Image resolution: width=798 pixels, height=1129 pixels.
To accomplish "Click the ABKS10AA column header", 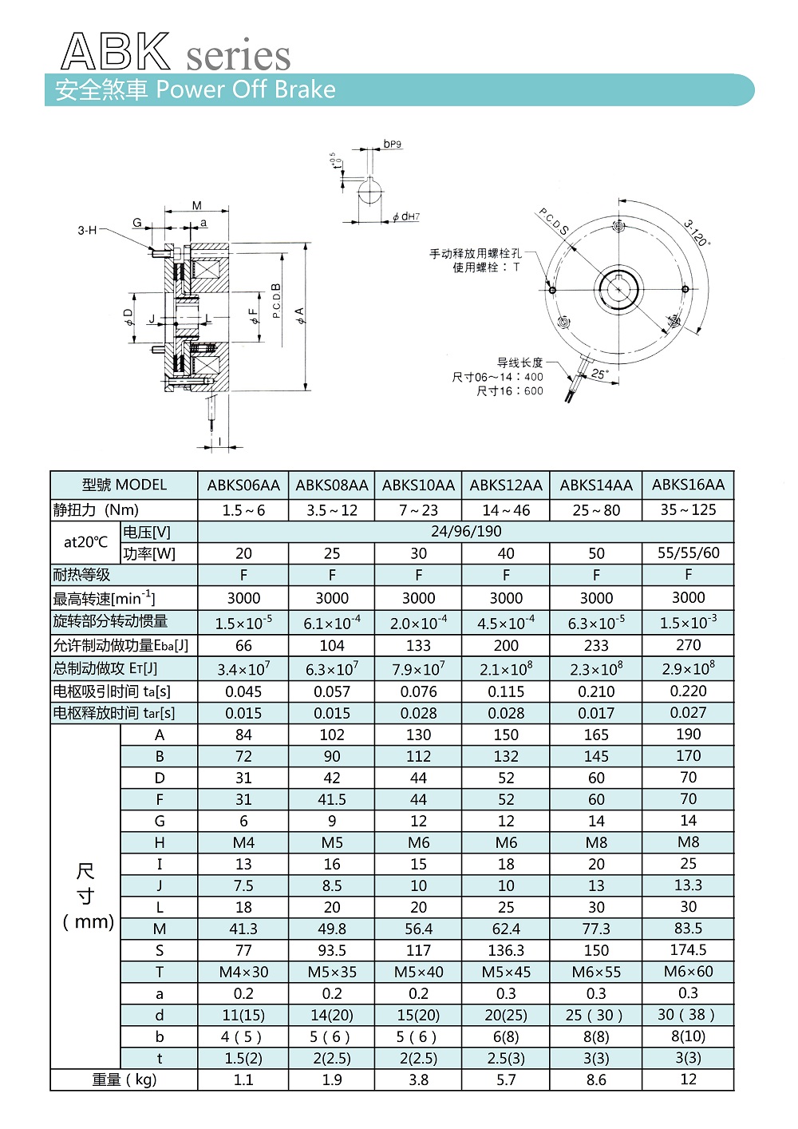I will click(418, 485).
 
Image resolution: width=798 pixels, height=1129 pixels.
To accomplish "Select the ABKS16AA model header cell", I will click(688, 484).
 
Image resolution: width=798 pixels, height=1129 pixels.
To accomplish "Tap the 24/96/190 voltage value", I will click(466, 531).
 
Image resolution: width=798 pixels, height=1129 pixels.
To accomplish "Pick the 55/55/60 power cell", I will click(688, 553).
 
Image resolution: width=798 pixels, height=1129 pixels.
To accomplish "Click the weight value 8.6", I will click(596, 1079).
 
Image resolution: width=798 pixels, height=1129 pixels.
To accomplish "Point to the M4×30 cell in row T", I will click(243, 972).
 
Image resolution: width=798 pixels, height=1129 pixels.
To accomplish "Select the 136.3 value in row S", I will click(506, 950).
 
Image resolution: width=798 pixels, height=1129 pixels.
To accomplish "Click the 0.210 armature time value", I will click(596, 691).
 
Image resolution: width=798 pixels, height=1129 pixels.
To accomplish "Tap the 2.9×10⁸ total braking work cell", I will click(688, 668).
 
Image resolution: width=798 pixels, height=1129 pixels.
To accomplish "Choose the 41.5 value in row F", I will click(332, 799).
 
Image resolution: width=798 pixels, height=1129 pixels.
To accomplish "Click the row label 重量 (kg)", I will click(124, 1079).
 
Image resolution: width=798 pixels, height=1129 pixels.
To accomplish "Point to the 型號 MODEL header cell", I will click(124, 485).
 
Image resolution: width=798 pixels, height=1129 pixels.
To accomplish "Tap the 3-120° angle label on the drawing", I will click(697, 232).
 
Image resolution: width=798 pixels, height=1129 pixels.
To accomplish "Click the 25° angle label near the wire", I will click(598, 373).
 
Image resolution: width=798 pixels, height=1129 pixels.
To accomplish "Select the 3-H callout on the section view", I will click(87, 231).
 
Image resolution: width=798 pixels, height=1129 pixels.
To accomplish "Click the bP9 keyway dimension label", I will click(392, 145).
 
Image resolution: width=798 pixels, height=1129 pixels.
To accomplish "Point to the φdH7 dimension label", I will click(406, 216).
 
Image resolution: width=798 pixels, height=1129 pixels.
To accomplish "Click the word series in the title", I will click(238, 56).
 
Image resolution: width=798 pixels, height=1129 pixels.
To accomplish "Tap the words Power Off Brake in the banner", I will click(246, 89).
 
